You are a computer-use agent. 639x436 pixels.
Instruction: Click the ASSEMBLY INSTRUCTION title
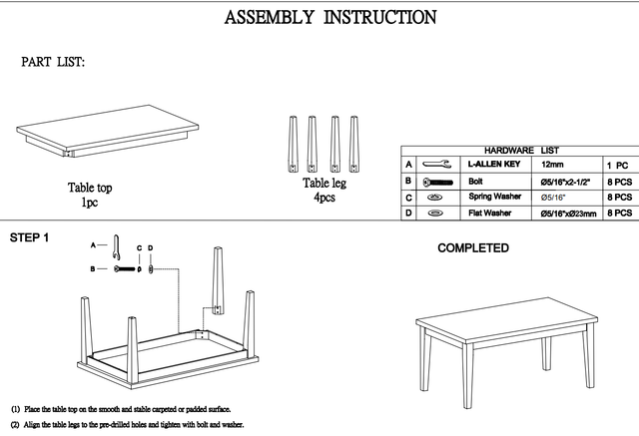point(329,17)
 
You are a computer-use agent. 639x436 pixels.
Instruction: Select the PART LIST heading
point(53,62)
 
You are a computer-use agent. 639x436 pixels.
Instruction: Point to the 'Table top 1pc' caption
point(89,195)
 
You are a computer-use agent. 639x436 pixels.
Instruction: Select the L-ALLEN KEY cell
point(495,164)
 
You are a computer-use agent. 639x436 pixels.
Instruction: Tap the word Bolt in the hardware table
point(476,182)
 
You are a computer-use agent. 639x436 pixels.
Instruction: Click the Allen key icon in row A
point(435,164)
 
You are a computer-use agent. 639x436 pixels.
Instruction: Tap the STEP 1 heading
point(29,238)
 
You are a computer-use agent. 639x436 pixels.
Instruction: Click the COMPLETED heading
point(472,248)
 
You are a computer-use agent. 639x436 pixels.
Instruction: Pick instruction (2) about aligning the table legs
point(127,425)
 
